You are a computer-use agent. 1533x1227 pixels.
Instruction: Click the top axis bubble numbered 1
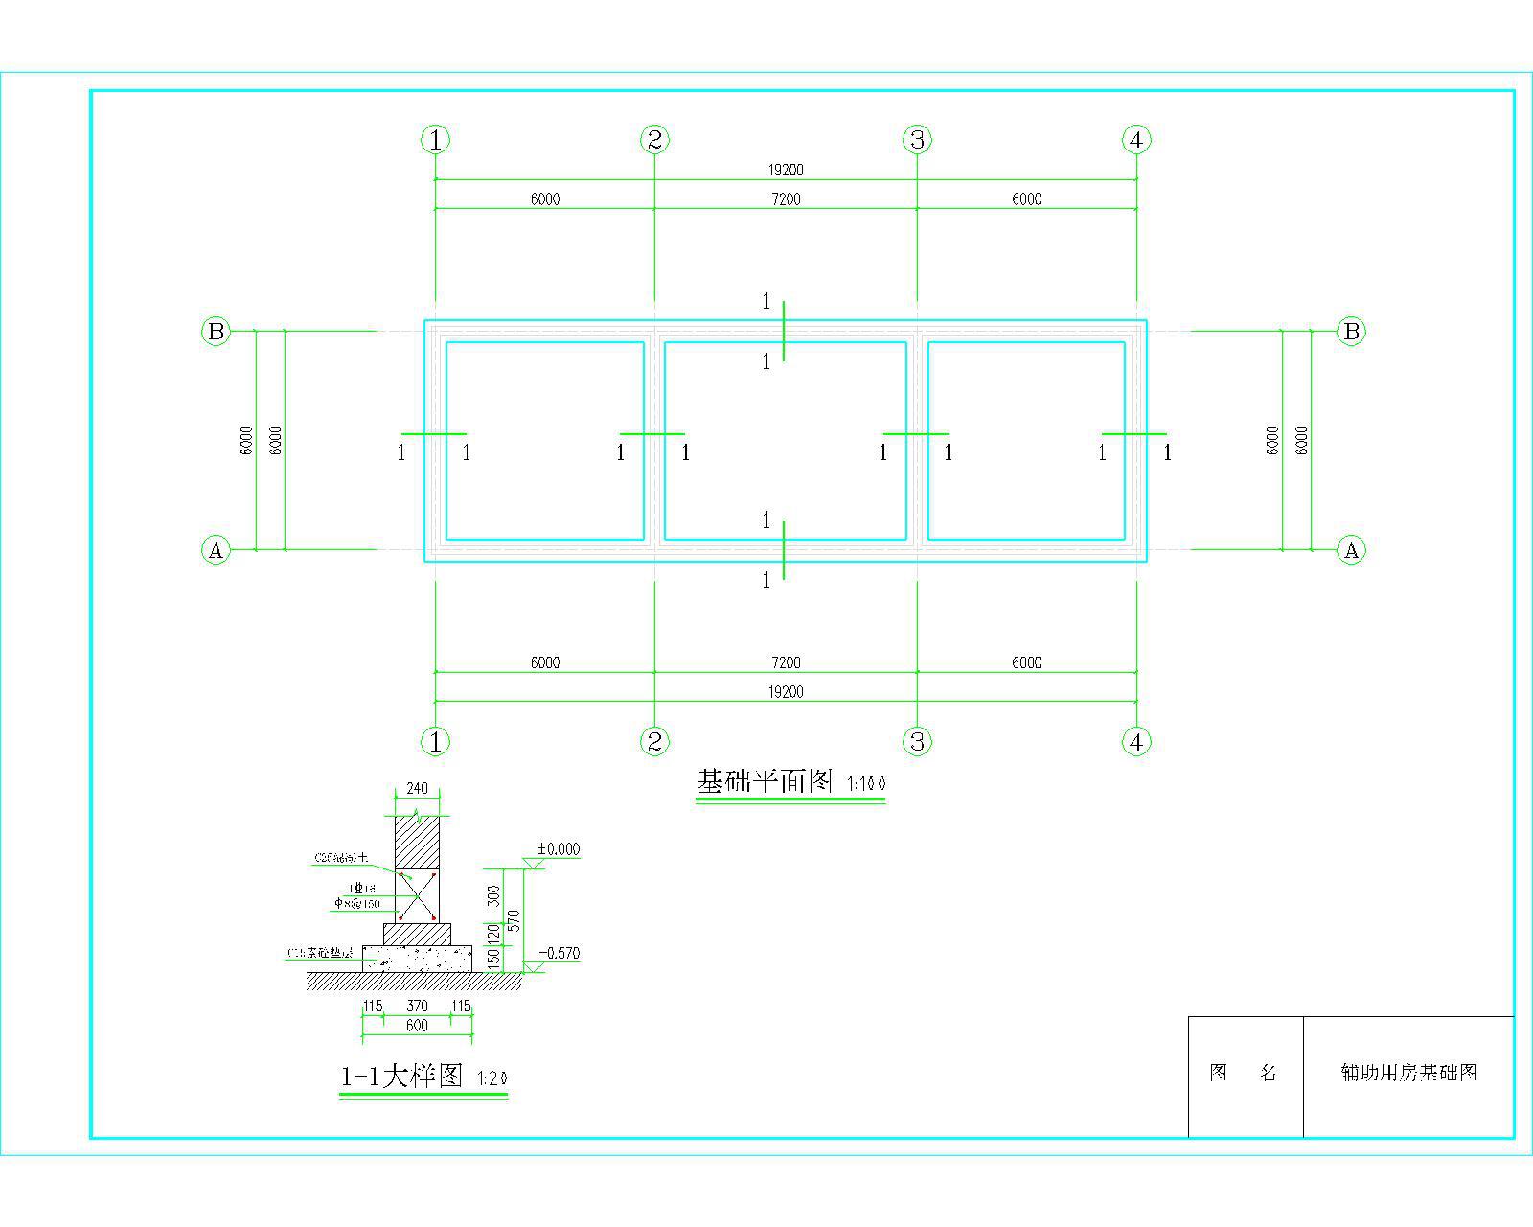(x=436, y=140)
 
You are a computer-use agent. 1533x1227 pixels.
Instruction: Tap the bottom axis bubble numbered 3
(x=918, y=741)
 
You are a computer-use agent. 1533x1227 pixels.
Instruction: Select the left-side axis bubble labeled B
(x=217, y=332)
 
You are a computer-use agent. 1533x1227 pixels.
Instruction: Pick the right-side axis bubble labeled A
(x=1352, y=550)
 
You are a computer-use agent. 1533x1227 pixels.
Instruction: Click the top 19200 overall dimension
(x=786, y=171)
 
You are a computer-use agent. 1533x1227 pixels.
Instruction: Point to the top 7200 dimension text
(x=786, y=199)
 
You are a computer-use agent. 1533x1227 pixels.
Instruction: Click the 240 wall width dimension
(x=418, y=789)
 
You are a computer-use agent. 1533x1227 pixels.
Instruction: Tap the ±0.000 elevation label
(x=559, y=849)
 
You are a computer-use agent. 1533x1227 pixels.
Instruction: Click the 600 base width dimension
(x=417, y=1026)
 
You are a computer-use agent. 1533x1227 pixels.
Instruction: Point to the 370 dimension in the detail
(x=417, y=1007)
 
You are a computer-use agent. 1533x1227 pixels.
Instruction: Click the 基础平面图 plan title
(x=766, y=782)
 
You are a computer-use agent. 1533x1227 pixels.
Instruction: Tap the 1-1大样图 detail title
(x=402, y=1077)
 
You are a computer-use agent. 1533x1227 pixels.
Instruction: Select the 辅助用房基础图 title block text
(x=1408, y=1073)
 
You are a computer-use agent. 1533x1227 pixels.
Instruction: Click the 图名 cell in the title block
(x=1244, y=1073)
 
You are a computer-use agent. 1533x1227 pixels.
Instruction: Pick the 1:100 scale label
(x=866, y=785)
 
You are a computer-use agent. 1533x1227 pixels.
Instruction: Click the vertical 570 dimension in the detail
(x=514, y=921)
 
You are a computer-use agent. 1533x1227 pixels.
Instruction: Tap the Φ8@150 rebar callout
(x=357, y=904)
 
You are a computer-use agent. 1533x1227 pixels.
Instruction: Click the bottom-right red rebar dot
(x=434, y=918)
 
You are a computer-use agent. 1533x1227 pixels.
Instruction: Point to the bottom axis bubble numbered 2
(x=654, y=741)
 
